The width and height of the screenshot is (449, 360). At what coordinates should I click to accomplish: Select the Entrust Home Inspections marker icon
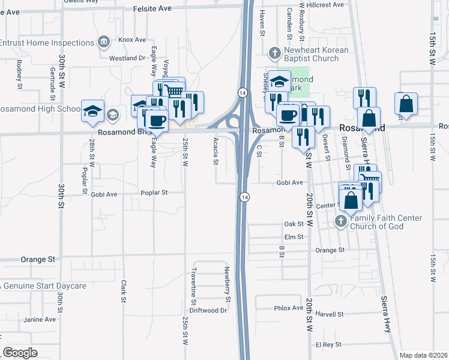click(x=103, y=43)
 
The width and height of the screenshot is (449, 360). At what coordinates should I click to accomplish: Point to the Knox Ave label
click(x=132, y=40)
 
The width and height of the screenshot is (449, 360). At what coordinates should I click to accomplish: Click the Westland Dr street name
click(x=127, y=58)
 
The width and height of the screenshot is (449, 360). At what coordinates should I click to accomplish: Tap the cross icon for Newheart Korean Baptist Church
click(x=274, y=53)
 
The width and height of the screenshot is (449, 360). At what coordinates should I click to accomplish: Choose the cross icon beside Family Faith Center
click(x=340, y=221)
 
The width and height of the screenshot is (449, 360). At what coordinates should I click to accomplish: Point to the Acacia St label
click(x=215, y=152)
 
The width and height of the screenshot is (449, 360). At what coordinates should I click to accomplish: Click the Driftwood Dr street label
click(x=208, y=311)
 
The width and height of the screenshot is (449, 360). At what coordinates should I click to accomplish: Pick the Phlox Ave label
click(x=289, y=308)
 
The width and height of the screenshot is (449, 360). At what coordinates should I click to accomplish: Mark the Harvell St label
click(x=329, y=314)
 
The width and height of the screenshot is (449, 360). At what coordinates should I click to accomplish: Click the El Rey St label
click(x=327, y=344)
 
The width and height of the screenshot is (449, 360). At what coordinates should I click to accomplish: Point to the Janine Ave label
click(x=40, y=319)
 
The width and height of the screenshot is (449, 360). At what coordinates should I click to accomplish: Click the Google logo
click(x=20, y=353)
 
